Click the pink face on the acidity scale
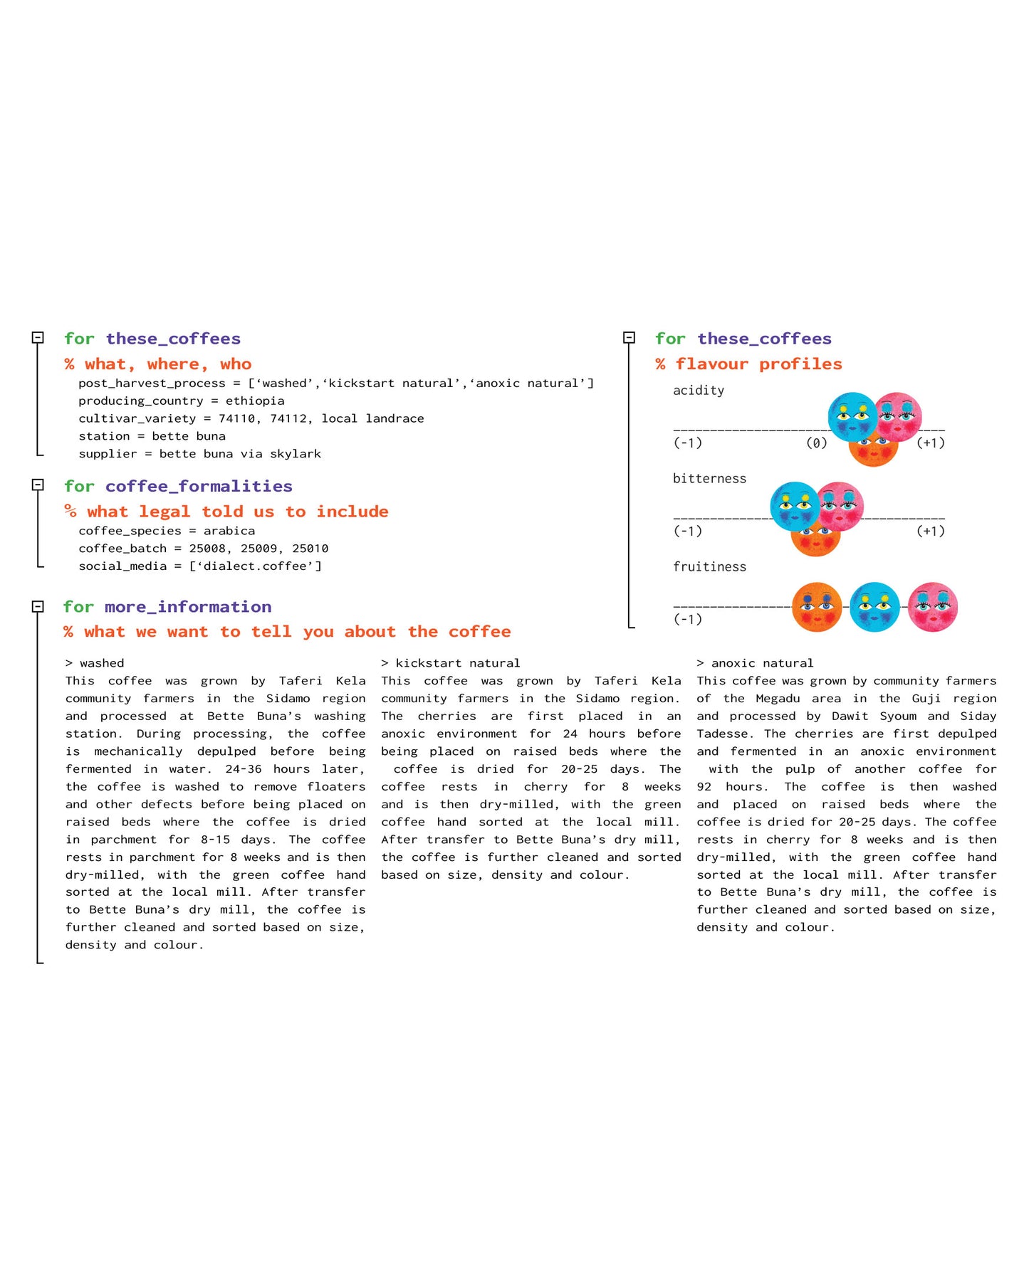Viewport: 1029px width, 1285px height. click(x=899, y=417)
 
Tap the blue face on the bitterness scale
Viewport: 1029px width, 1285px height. click(x=794, y=506)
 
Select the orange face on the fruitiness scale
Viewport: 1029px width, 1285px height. click(x=817, y=607)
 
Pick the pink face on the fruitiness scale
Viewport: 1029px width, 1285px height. click(x=933, y=607)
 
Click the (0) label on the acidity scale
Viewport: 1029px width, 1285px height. click(x=816, y=443)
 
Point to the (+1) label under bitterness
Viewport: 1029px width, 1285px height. click(x=930, y=532)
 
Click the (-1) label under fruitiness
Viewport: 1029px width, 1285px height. click(x=688, y=620)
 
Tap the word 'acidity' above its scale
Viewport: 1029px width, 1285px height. click(x=698, y=391)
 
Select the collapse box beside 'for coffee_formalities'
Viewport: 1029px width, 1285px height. click(x=38, y=485)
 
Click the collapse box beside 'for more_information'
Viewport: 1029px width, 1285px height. click(x=38, y=606)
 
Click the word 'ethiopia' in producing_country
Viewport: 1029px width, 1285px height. click(x=255, y=401)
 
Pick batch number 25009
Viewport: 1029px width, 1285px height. click(x=260, y=549)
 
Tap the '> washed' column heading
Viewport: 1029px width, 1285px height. click(x=95, y=663)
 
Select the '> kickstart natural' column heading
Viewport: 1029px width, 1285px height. click(x=451, y=663)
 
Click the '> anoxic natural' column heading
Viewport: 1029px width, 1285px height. click(x=755, y=663)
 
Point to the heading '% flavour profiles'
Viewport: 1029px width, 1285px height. click(x=748, y=364)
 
